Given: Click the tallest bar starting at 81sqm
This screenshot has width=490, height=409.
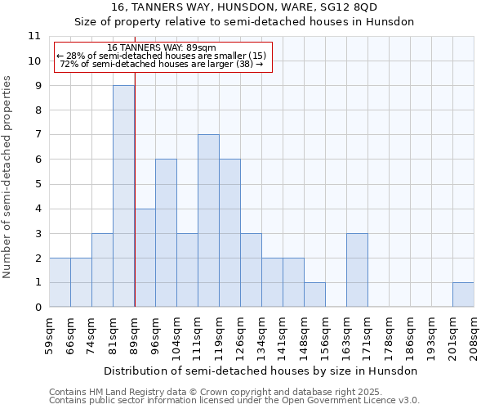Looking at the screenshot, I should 123,196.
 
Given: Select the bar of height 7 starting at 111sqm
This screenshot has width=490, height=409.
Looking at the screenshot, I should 208,221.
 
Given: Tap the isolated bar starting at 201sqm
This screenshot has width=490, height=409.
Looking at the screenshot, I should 463,294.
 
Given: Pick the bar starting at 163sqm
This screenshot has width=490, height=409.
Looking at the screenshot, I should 357,270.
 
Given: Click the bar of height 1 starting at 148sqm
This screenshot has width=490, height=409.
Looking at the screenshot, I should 314,294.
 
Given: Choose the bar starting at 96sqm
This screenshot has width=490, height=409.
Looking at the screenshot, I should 166,233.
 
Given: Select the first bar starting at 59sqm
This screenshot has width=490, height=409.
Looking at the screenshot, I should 60,282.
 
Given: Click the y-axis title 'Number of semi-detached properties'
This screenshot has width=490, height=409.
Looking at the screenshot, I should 8,177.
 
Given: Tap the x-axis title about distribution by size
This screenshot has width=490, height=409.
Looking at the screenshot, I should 261,371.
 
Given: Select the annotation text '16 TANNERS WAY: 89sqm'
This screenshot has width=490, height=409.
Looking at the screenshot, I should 161,48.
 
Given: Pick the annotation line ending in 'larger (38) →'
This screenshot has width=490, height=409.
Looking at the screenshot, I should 161,64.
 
